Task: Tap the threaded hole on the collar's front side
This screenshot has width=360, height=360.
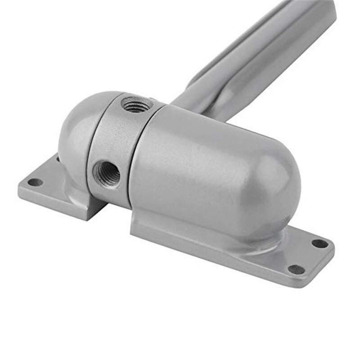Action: tap(106, 172)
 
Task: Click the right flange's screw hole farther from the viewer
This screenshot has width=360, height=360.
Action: tap(320, 243)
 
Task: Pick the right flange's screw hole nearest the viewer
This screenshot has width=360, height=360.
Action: tap(295, 270)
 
